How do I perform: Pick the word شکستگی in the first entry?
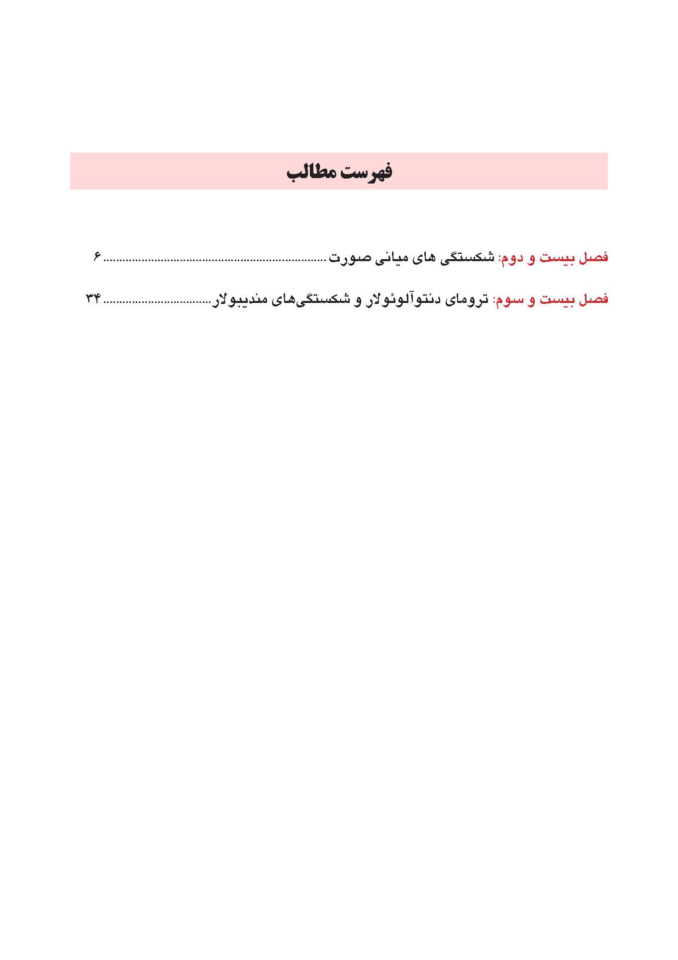pyautogui.click(x=467, y=257)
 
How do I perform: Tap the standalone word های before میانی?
pyautogui.click(x=424, y=257)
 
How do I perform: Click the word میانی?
pyautogui.click(x=391, y=257)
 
